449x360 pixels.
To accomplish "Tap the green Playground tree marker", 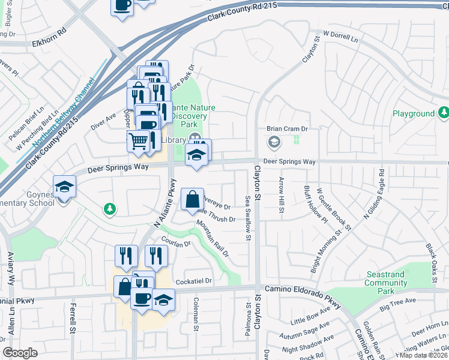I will [x=444, y=112].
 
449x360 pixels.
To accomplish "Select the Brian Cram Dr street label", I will [x=287, y=128].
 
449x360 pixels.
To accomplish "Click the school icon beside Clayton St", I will [x=274, y=142].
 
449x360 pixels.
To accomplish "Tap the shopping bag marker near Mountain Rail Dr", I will [x=191, y=199].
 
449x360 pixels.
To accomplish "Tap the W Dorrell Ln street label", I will [x=340, y=37].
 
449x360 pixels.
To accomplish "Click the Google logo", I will [x=20, y=353].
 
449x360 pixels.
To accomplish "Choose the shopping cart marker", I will [x=139, y=142].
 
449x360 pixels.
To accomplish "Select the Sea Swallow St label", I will [x=247, y=217].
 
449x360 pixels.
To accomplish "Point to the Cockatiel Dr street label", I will [x=194, y=281].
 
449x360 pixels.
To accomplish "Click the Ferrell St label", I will [x=72, y=318].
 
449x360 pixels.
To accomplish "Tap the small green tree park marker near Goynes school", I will [x=109, y=209].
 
